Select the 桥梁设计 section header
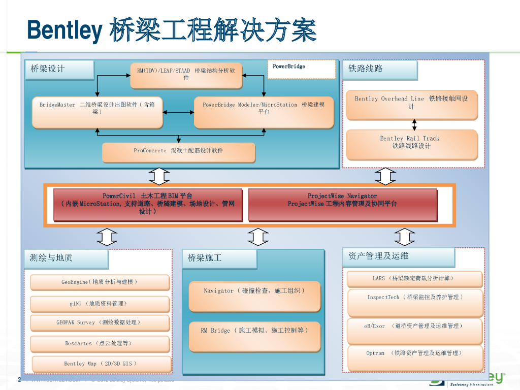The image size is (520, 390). pos(59,70)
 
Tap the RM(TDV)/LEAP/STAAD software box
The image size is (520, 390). pos(186,75)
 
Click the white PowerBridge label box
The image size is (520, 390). pos(302,70)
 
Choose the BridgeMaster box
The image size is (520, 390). pos(97,112)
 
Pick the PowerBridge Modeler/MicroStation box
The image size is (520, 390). pos(264,112)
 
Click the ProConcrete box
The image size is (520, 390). pos(178,152)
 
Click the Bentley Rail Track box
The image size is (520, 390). pos(411,144)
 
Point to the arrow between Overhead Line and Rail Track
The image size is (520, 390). pos(414,125)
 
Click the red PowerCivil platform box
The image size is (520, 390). pos(148,205)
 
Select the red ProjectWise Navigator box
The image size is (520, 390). pos(342,205)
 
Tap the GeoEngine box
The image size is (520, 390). pos(100,282)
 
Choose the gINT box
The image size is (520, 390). pos(100,304)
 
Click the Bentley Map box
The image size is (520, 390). pos(102,364)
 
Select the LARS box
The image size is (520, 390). pos(414,279)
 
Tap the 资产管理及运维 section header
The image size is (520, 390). pos(398,257)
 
